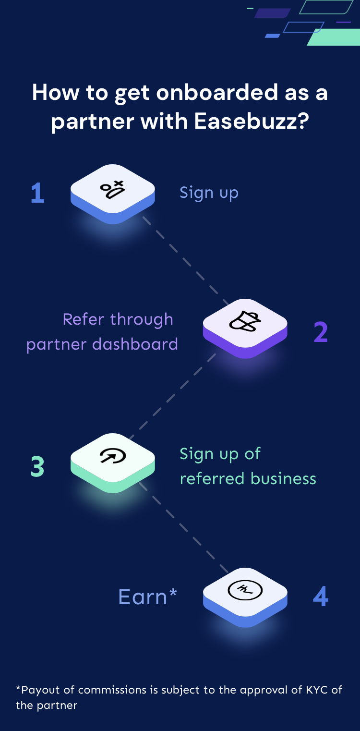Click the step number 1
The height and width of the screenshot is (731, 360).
(x=37, y=193)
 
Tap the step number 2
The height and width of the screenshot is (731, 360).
(x=321, y=332)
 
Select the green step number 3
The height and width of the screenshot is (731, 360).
(x=37, y=466)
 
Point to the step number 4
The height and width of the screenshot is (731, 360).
(x=321, y=597)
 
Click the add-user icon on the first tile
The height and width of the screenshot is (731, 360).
(x=112, y=189)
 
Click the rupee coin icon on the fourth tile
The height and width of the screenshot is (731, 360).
(x=245, y=590)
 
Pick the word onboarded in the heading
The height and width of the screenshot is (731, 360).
(x=217, y=93)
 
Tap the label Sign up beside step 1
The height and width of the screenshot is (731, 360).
(x=209, y=193)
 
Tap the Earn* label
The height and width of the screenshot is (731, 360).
(x=147, y=597)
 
